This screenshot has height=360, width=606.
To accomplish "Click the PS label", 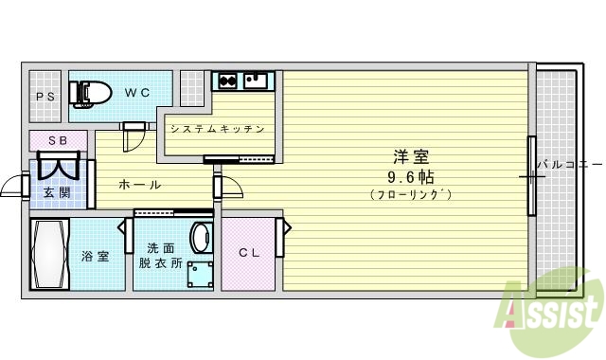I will click(45, 97).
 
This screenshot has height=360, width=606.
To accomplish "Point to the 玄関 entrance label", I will click(57, 192).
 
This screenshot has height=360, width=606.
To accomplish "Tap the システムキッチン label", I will click(216, 128).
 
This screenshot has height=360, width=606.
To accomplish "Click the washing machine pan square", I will click(200, 275).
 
